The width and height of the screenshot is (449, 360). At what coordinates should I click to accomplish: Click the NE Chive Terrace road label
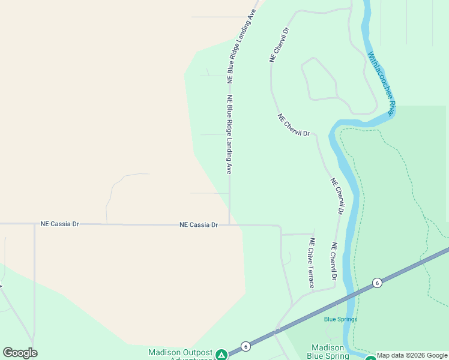click(312, 263)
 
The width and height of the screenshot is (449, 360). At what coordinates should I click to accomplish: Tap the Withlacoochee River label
click(381, 83)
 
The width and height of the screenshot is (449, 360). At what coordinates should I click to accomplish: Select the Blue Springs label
click(340, 319)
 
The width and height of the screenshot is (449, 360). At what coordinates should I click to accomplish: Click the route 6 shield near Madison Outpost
click(246, 347)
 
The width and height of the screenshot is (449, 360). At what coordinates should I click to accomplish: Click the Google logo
click(20, 353)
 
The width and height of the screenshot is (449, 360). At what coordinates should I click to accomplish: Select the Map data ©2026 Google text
click(412, 355)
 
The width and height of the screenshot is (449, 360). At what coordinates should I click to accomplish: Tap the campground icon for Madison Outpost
click(221, 355)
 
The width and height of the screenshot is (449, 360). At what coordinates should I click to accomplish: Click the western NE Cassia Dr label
click(59, 224)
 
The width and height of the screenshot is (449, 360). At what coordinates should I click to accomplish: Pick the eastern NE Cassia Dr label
click(198, 224)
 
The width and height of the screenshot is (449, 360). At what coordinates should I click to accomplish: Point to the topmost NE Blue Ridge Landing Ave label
click(242, 46)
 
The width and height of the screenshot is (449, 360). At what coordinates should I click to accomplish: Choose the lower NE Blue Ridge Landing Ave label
click(229, 134)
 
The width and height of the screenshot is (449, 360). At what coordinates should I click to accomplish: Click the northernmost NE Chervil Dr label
click(280, 44)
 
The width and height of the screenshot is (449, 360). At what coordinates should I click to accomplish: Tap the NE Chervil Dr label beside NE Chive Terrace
click(334, 262)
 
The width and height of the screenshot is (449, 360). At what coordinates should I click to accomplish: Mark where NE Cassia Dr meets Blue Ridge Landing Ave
click(229, 225)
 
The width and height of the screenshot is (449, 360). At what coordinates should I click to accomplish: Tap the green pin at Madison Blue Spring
click(370, 358)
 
